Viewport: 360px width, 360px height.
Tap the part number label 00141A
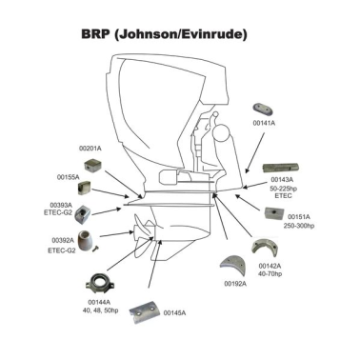tap(264, 123)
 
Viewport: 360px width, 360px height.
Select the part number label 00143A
tap(282, 178)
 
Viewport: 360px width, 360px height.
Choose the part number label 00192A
tap(235, 283)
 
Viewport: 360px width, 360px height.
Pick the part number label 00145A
tap(174, 312)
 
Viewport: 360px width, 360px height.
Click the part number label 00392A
tap(61, 240)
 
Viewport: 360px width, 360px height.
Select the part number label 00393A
tap(61, 204)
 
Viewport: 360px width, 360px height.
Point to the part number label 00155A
tap(68, 177)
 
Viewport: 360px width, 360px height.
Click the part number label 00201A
tap(90, 149)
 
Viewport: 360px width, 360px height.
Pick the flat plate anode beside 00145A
tap(144, 310)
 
